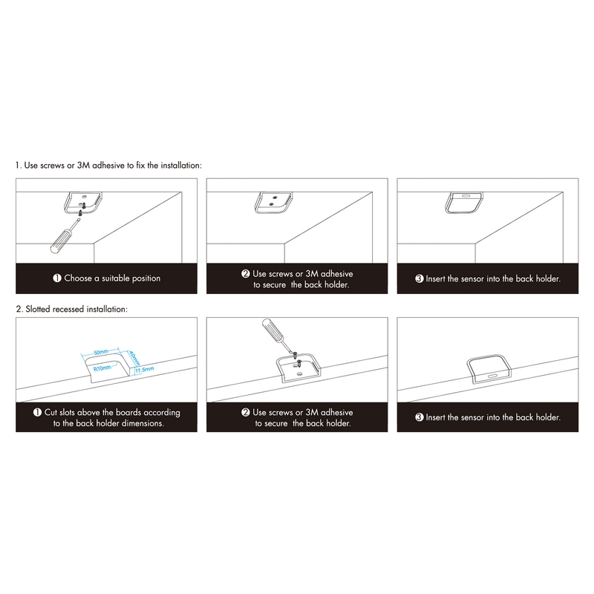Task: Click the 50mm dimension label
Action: (101, 352)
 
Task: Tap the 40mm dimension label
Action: (134, 359)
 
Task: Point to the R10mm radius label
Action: (102, 368)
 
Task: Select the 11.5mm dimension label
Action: (144, 369)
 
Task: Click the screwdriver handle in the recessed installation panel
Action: (272, 330)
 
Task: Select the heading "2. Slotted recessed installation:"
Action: (71, 309)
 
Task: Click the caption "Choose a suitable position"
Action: (112, 278)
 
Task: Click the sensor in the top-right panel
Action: (464, 203)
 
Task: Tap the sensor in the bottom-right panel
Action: (488, 369)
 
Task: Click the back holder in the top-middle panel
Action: (273, 202)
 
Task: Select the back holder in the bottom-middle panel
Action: (298, 368)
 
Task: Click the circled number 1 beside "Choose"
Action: (57, 278)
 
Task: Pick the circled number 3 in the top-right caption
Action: (420, 279)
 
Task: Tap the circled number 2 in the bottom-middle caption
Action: (246, 412)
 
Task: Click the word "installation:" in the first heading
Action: (181, 166)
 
